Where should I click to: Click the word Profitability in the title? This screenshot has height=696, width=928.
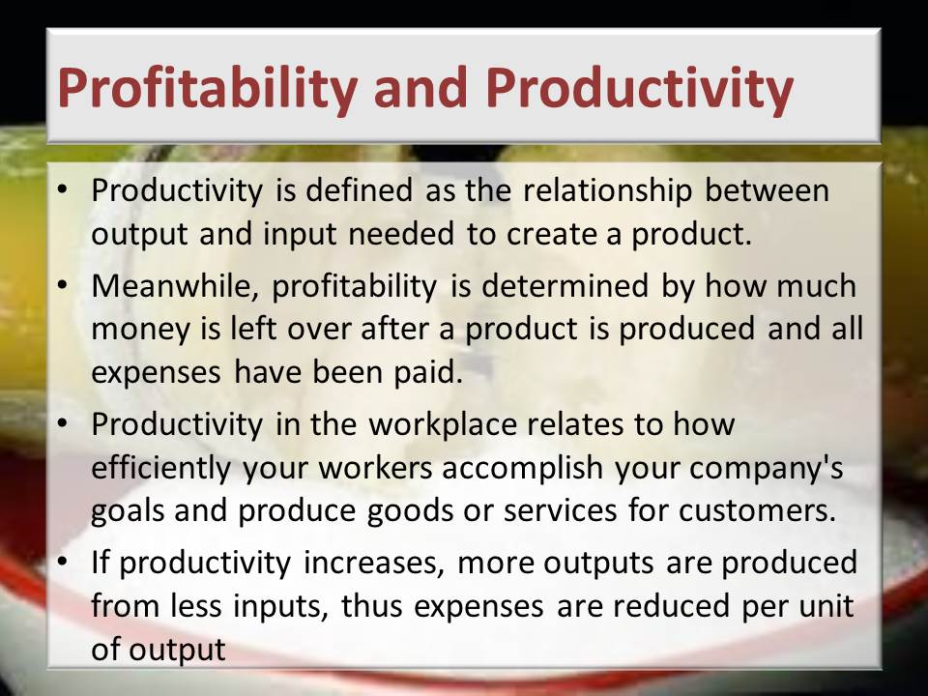pyautogui.click(x=207, y=89)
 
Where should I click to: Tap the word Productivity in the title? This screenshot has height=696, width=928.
pyautogui.click(x=639, y=89)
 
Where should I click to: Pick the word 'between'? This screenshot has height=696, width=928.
pyautogui.click(x=767, y=190)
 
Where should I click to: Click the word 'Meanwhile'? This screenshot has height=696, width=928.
pyautogui.click(x=175, y=286)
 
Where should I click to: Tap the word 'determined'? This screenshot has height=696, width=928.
pyautogui.click(x=565, y=286)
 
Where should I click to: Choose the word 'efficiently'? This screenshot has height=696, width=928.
pyautogui.click(x=160, y=468)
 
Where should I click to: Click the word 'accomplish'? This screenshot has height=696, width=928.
pyautogui.click(x=522, y=468)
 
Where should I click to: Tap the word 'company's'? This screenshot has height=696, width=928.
pyautogui.click(x=766, y=468)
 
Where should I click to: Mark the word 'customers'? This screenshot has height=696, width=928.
pyautogui.click(x=757, y=511)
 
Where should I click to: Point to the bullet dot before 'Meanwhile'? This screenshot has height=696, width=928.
pyautogui.click(x=63, y=285)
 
